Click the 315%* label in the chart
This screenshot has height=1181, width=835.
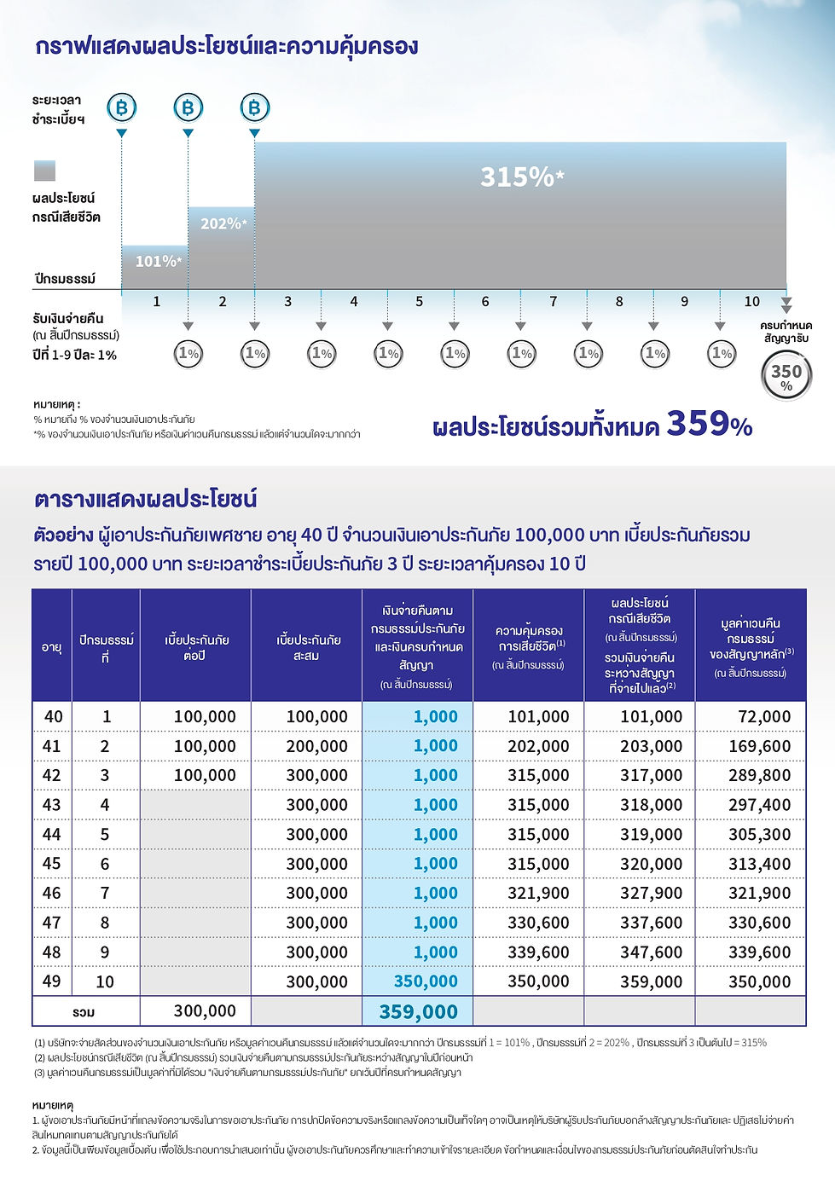click(x=521, y=177)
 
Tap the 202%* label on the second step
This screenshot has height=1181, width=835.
click(x=223, y=223)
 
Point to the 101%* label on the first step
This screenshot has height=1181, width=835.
click(x=158, y=261)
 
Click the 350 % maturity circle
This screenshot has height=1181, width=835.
click(x=786, y=376)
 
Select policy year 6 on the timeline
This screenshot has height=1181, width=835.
click(x=485, y=301)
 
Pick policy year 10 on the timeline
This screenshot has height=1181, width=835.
click(x=751, y=301)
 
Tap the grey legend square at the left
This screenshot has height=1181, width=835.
click(x=44, y=171)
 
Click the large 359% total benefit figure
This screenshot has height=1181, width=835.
click(x=709, y=423)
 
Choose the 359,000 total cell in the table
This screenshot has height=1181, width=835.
click(x=418, y=1011)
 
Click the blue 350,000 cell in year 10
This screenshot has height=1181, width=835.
click(x=426, y=981)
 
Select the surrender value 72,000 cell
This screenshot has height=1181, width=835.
click(x=764, y=716)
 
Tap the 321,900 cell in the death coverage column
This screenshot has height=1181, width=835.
click(x=538, y=893)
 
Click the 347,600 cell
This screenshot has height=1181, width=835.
click(x=651, y=952)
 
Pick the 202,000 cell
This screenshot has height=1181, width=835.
click(x=538, y=746)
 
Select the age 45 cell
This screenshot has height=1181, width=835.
click(x=52, y=863)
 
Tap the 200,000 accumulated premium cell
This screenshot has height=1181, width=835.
click(x=316, y=746)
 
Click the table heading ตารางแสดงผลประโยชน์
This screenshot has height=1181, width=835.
click(x=146, y=498)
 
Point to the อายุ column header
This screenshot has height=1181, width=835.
click(x=52, y=647)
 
